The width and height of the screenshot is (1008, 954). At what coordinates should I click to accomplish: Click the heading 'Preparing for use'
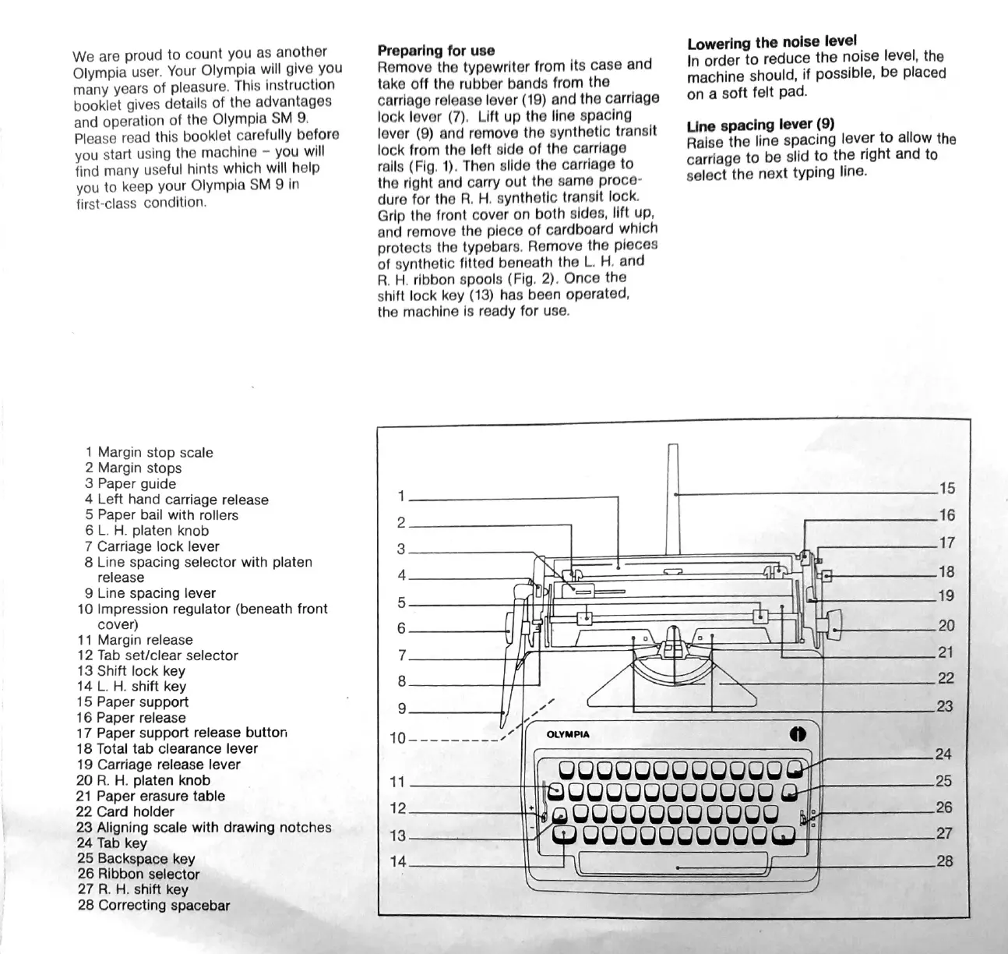pos(435,51)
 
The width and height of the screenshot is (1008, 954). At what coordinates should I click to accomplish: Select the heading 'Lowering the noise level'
pos(771,41)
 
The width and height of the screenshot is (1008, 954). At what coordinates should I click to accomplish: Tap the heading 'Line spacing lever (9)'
pos(760,124)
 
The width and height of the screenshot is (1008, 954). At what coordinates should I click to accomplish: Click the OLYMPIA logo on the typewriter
pos(568,734)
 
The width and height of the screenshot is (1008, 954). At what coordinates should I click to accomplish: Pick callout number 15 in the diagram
pos(946,489)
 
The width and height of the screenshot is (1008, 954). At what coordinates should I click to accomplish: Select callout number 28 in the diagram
pos(944,862)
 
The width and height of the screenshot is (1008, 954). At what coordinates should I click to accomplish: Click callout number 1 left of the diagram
pos(400,496)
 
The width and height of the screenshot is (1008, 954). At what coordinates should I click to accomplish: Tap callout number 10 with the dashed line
pos(397,737)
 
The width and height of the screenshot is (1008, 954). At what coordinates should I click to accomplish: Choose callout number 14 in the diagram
pos(398,862)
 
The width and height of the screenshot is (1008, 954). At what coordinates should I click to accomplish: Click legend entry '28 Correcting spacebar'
pos(153,905)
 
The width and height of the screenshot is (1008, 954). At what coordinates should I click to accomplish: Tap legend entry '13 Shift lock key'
pos(131,670)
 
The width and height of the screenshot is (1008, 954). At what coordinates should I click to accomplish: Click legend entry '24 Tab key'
pos(111,843)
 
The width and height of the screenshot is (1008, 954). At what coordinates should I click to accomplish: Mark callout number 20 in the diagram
pos(946,625)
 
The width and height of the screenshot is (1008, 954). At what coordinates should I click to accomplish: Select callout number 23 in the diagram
pos(945,706)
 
